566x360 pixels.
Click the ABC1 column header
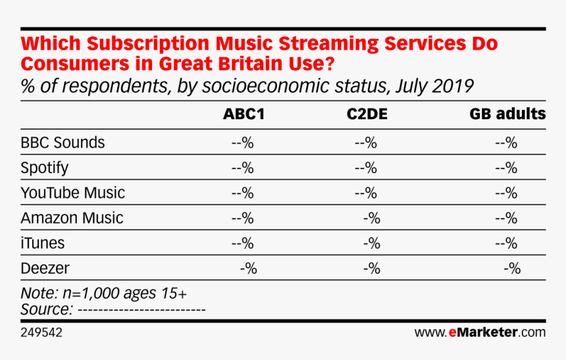point(244,114)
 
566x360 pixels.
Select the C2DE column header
point(367,114)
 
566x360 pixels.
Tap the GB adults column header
point(507,114)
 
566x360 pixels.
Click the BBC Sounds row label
point(63,143)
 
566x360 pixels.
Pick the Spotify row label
point(44,168)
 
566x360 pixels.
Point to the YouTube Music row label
point(72,193)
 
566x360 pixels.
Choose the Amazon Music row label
point(72,218)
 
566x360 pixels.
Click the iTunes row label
point(43,243)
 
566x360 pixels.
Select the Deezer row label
point(45,269)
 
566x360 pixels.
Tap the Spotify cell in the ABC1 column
point(243,168)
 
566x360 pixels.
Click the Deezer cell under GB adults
point(512,269)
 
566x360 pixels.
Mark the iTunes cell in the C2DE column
point(372,244)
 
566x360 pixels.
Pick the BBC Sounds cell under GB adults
point(506,143)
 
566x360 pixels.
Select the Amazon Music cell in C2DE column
point(372,219)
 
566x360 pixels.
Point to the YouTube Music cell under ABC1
point(243,193)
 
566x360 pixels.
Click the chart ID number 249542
point(41,332)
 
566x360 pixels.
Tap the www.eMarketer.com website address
point(480,332)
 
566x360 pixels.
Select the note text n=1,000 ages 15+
point(125,294)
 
